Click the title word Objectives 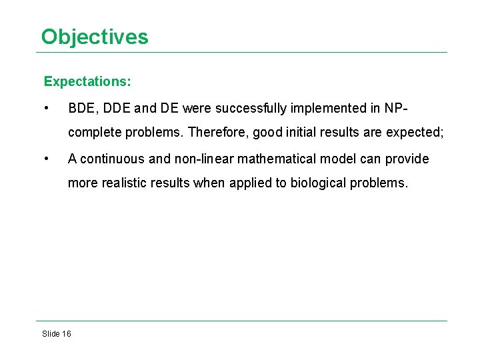95,36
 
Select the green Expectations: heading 87,82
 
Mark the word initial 299,132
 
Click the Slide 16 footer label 57,333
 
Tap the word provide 405,159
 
